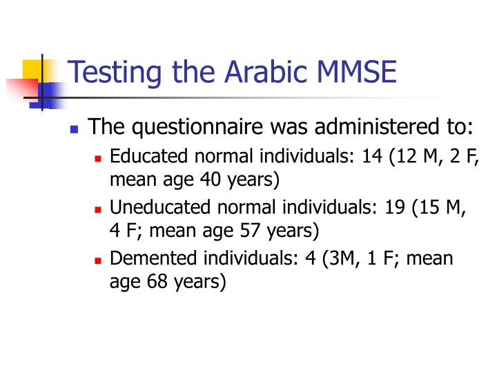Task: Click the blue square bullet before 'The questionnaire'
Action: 75,129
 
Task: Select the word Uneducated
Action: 149,207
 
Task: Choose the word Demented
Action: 144,258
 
